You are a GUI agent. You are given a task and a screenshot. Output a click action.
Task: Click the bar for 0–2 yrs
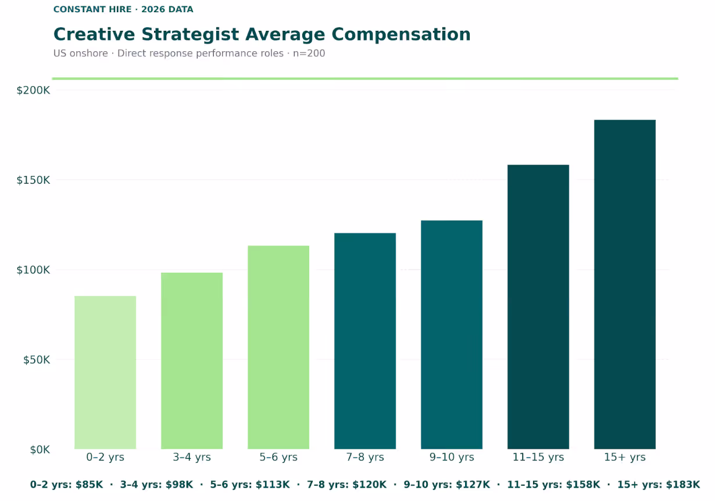coord(105,372)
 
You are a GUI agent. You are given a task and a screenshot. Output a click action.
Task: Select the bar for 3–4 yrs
coord(192,360)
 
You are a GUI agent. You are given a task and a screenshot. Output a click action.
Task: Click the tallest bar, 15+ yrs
coord(625,284)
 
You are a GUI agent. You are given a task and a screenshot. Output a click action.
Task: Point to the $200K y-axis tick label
coord(33,90)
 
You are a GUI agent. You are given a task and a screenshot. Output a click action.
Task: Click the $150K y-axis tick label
coord(33,180)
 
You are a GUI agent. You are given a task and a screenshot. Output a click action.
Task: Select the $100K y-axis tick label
coord(33,270)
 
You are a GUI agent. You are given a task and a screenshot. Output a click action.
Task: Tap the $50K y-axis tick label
coord(36,360)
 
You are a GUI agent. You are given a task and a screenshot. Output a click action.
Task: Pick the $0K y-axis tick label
coord(39,450)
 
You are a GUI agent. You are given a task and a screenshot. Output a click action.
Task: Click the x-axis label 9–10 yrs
coord(452,457)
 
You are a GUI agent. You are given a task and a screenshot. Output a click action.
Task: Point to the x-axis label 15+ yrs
coord(625,457)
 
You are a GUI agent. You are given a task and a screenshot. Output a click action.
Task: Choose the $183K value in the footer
coord(684,485)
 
